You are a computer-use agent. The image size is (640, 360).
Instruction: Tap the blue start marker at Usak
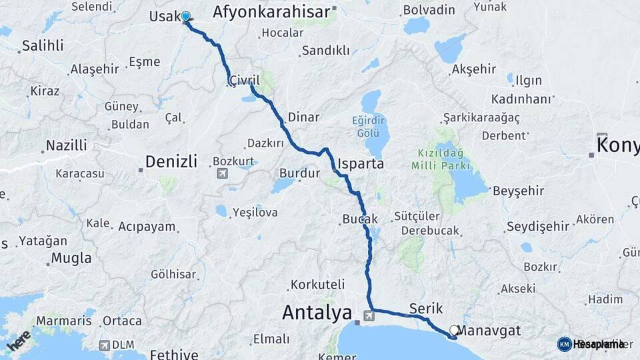[x=185, y=17]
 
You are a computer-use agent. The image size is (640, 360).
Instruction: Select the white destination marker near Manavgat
[x=455, y=330]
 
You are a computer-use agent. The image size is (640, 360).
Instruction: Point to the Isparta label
[x=361, y=163]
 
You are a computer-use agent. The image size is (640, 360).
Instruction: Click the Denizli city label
[x=171, y=161]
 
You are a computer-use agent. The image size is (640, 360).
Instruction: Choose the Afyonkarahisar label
[x=271, y=12]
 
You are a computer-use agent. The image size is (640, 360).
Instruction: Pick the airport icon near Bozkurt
[x=222, y=173]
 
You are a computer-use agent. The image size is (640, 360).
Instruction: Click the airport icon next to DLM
[x=104, y=345]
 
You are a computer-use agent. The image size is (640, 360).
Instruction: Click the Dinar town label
[x=303, y=117]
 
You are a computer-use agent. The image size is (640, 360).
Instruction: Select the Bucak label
[x=360, y=219]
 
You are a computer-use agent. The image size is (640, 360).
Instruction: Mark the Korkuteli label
[x=317, y=284]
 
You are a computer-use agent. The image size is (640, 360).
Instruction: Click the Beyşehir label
[x=519, y=191]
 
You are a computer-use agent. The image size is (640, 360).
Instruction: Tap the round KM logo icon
[x=564, y=344]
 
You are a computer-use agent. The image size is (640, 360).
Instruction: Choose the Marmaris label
[x=63, y=321]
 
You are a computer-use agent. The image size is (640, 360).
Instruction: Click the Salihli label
[x=43, y=45]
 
